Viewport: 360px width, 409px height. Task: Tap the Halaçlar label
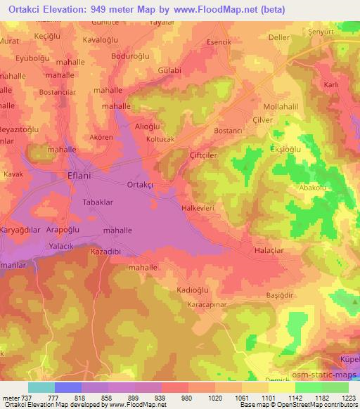click(x=270, y=249)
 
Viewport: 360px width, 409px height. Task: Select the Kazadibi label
click(x=107, y=251)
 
